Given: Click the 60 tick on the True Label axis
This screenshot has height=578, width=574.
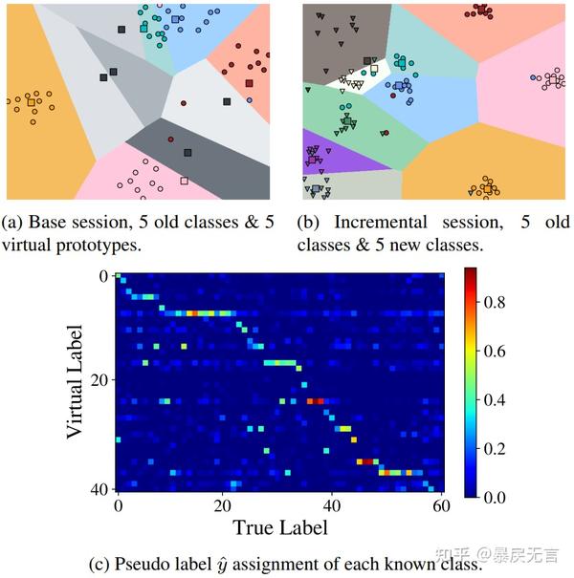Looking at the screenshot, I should click(439, 505).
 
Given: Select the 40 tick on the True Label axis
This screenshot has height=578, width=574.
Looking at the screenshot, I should click(332, 505).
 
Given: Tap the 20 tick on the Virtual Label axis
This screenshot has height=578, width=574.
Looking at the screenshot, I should click(99, 380).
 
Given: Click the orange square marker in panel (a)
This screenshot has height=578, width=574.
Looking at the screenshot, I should click(32, 101).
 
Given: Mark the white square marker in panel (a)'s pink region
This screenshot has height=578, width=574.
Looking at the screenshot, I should click(184, 180).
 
